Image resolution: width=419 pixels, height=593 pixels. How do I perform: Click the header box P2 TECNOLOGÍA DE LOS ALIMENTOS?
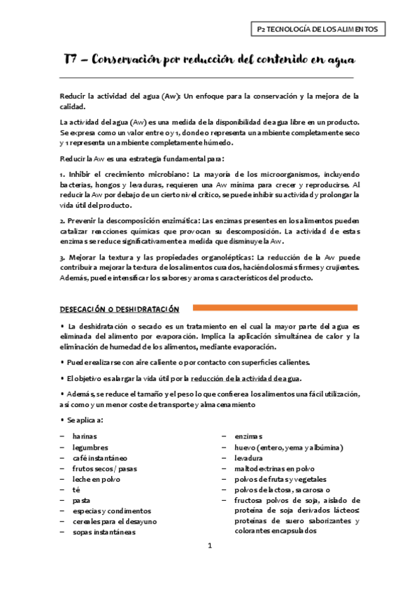pyautogui.click(x=318, y=29)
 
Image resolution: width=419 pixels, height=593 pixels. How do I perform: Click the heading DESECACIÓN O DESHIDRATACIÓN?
pyautogui.click(x=119, y=309)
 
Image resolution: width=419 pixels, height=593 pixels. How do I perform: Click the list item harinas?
pyautogui.click(x=85, y=436)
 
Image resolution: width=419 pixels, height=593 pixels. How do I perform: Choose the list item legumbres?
pyautogui.click(x=90, y=447)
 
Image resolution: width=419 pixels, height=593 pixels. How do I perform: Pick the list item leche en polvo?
pyautogui.click(x=96, y=479)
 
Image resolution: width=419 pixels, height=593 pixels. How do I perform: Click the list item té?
pyautogui.click(x=76, y=490)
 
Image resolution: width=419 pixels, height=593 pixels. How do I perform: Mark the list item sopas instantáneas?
pyautogui.click(x=104, y=531)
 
